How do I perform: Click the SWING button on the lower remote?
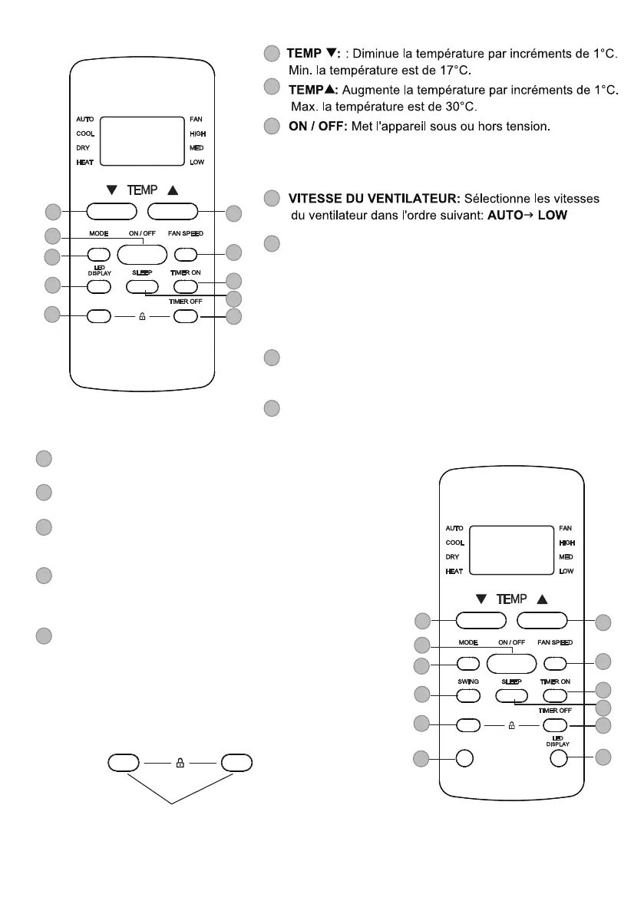[468, 695]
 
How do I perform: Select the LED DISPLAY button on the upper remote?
[97, 286]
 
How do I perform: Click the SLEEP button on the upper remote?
[142, 286]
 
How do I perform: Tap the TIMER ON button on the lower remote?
[555, 695]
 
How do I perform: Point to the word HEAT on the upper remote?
[84, 163]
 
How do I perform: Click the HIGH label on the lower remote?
[566, 543]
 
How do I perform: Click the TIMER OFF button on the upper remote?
[187, 315]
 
